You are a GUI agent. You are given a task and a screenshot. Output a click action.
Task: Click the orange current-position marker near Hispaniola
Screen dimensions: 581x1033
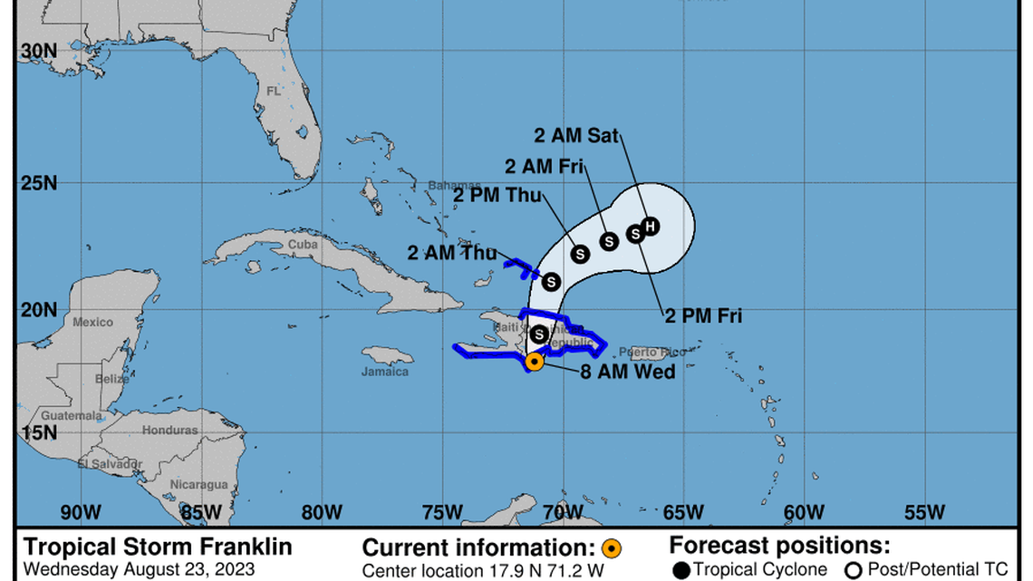point(535,362)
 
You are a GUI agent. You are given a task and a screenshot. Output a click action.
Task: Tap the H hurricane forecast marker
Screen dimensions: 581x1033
point(649,226)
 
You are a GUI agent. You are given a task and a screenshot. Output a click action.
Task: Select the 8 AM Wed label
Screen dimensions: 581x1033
point(629,371)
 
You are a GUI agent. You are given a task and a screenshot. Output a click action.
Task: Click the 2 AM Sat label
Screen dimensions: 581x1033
point(575,136)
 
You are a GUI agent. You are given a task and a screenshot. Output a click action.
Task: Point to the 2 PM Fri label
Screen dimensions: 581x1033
point(703,316)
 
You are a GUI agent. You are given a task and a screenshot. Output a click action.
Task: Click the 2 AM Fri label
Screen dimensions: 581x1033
point(544,166)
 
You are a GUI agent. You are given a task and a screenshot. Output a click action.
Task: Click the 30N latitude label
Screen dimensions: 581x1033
point(39,53)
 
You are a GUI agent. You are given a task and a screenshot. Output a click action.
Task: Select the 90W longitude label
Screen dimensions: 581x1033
point(81,512)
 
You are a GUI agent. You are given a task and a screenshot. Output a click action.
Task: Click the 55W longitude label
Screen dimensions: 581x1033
point(924,512)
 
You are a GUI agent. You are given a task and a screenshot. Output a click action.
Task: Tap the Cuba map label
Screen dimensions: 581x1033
point(303,245)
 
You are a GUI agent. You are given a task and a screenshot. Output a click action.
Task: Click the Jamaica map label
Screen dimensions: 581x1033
point(385,371)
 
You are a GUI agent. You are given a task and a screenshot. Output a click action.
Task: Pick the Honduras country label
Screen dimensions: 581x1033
point(169,431)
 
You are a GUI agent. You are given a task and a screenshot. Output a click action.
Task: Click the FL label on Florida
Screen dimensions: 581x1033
point(274,91)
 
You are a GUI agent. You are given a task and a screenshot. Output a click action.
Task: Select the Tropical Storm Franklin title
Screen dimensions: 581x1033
point(158,547)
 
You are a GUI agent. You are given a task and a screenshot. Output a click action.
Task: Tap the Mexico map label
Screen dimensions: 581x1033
point(93,322)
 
